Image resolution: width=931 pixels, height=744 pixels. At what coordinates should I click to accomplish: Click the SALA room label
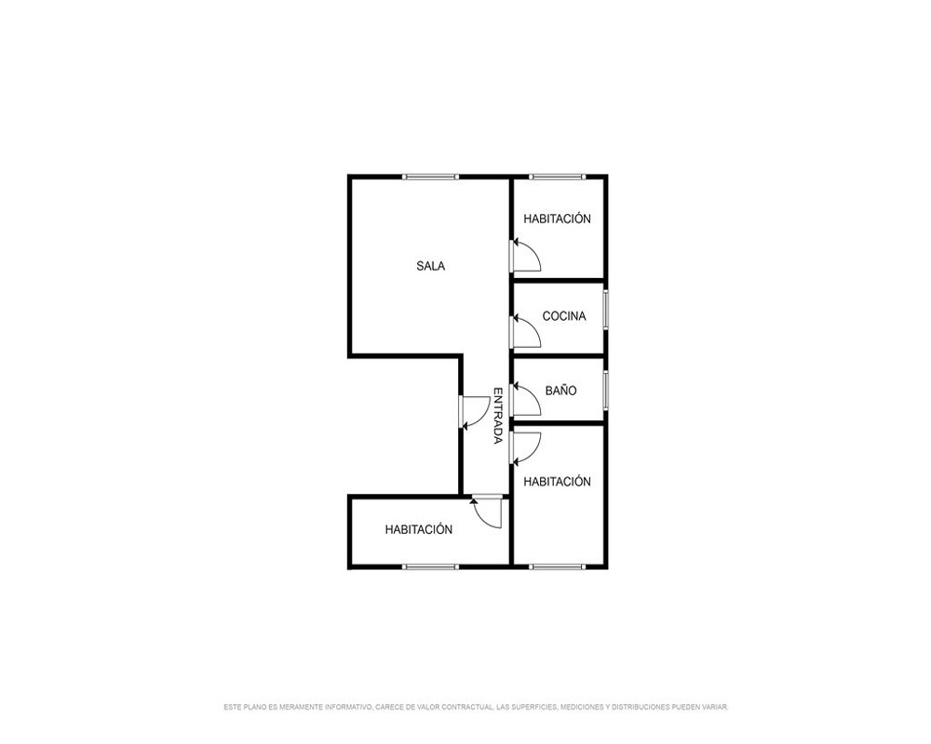pos(430,266)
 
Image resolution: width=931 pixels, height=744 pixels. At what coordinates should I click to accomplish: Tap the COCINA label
pos(564,316)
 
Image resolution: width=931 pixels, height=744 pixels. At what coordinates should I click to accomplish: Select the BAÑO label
pos(560,391)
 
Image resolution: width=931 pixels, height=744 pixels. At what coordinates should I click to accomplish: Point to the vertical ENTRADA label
pos(498,416)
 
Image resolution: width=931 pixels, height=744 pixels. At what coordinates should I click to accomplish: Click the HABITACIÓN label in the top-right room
pos(557,219)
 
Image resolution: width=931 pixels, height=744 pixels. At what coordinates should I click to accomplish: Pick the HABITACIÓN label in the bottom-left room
pos(419,529)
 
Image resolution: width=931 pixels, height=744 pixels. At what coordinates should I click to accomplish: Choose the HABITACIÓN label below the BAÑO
pos(557,481)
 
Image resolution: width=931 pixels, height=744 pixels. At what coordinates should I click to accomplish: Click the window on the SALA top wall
pos(430,177)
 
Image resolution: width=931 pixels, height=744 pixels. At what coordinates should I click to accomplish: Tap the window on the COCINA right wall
pos(606,309)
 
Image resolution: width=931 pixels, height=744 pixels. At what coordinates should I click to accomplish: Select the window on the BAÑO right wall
pos(606,390)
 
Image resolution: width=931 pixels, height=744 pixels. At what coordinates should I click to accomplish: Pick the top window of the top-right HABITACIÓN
pos(557,177)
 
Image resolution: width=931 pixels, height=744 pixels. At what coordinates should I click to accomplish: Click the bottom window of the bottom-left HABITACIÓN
pos(430,566)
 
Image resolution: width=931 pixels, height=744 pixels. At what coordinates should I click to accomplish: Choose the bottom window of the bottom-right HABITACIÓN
pos(557,566)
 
